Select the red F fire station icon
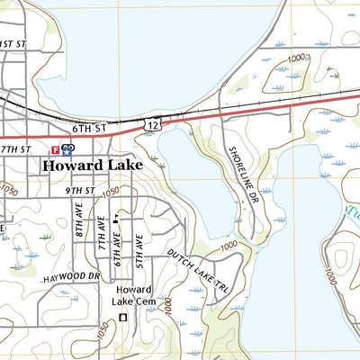(56, 148)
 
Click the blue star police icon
(67, 148)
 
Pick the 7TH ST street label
(15, 148)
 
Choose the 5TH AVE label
(139, 248)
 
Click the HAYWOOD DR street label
(72, 275)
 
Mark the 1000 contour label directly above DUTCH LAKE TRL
(227, 245)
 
